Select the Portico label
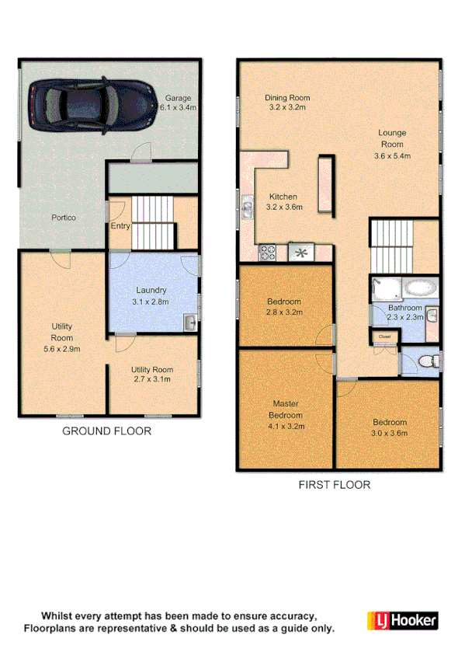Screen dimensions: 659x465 [63, 218]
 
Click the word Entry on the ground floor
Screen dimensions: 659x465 [120, 225]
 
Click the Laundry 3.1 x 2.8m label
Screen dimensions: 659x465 [151, 295]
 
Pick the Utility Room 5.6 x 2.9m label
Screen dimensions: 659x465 [62, 338]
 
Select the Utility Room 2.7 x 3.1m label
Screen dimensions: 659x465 [152, 375]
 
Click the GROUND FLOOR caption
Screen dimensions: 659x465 [106, 431]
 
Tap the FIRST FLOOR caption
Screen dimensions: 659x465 [335, 485]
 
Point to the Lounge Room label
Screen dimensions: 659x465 [392, 144]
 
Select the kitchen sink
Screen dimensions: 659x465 [247, 207]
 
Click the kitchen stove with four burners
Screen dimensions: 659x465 [269, 252]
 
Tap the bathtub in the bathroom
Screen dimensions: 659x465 [419, 288]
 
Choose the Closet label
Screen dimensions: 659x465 [384, 336]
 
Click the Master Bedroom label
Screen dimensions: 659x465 [286, 410]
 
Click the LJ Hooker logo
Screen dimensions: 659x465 [402, 620]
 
